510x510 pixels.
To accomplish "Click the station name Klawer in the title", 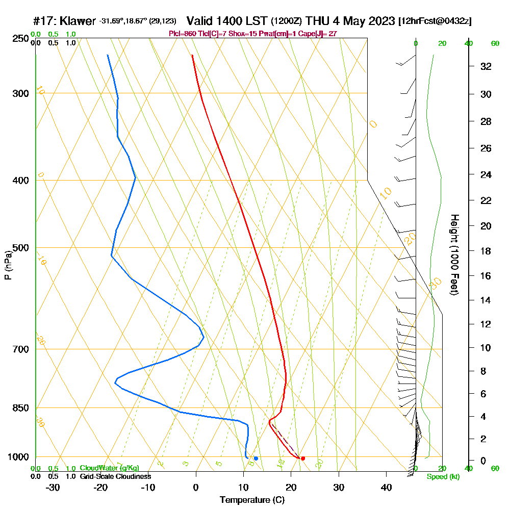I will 78,21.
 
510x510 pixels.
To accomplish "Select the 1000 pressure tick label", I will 18,457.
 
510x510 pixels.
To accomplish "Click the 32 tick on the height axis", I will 487,66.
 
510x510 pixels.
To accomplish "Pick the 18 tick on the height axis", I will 487,251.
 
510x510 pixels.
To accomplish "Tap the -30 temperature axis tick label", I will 53,487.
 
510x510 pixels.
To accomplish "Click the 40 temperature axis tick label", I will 386,487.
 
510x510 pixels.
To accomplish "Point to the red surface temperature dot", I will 303,458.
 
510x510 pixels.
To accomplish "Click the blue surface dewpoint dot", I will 256,458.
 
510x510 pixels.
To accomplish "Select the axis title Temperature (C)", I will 252,500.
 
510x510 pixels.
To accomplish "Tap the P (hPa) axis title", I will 8,265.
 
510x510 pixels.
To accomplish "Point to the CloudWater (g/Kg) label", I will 109,468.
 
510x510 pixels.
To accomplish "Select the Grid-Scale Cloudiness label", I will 115,476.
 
